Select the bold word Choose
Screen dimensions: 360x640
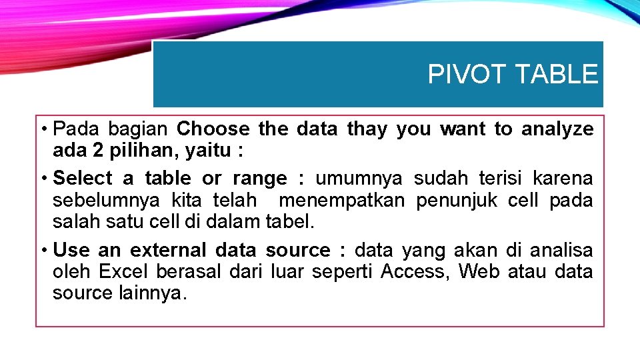[213, 129]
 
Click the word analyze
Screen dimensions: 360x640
[557, 129]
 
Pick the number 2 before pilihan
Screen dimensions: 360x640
[97, 151]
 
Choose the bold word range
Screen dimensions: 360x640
[259, 179]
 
